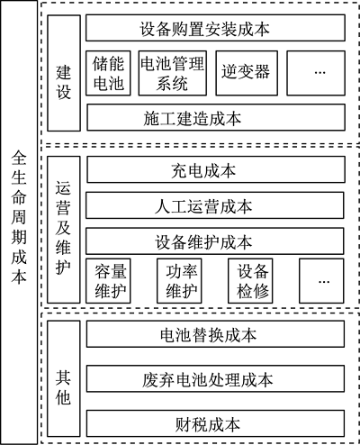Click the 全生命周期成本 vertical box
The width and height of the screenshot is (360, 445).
(19, 222)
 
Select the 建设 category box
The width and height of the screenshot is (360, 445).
(64, 73)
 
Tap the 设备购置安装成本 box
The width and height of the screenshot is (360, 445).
(215, 28)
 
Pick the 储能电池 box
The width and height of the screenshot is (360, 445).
(108, 73)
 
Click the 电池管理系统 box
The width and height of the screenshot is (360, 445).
(173, 73)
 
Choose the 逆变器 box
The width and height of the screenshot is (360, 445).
(247, 73)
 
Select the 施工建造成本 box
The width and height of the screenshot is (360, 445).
(216, 117)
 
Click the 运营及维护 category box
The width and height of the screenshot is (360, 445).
(64, 230)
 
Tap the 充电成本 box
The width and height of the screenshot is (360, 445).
(216, 169)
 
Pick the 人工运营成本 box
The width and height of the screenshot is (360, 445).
(215, 205)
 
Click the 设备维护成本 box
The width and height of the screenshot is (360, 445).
(215, 241)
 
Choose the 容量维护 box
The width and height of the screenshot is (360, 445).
(108, 281)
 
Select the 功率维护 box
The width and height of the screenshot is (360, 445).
(179, 281)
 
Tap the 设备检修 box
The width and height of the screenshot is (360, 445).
(250, 281)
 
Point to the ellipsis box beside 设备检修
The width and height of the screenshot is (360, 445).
(321, 281)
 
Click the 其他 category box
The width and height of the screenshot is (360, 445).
(64, 378)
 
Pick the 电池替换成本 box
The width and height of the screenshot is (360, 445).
(215, 334)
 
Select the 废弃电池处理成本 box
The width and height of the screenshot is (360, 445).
(215, 378)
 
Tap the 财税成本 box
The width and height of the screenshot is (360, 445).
(215, 423)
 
